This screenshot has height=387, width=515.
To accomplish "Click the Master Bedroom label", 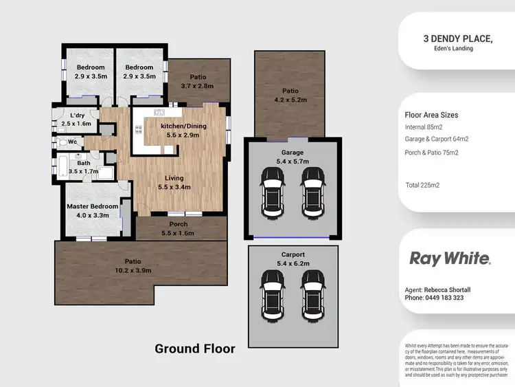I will point(92,206).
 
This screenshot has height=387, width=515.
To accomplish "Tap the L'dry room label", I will point(77,115).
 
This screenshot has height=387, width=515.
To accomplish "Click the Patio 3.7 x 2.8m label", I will point(197,82).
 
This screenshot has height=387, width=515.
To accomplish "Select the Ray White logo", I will point(450,258).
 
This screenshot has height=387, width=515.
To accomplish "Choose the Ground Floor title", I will point(194,349).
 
